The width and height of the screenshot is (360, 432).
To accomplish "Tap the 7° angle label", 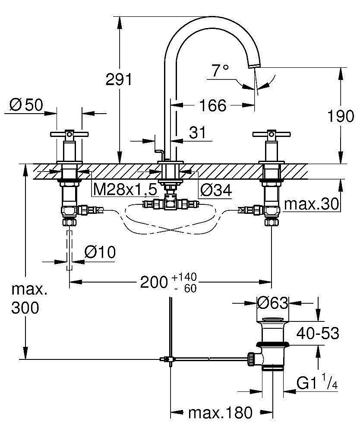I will click(x=220, y=70).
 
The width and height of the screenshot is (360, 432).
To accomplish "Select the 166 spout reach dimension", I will click(x=213, y=105).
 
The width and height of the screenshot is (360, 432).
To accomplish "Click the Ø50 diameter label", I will click(x=25, y=105).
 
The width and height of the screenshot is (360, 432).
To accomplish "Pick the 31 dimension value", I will click(x=198, y=133).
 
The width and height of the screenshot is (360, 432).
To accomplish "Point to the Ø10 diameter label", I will click(x=100, y=252).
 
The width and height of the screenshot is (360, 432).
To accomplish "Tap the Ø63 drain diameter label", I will click(x=272, y=303).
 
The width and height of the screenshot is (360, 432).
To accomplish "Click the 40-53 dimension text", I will click(x=317, y=334).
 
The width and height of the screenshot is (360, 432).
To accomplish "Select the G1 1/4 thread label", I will click(x=317, y=383).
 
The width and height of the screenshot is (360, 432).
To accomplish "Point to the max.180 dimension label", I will click(x=220, y=413).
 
